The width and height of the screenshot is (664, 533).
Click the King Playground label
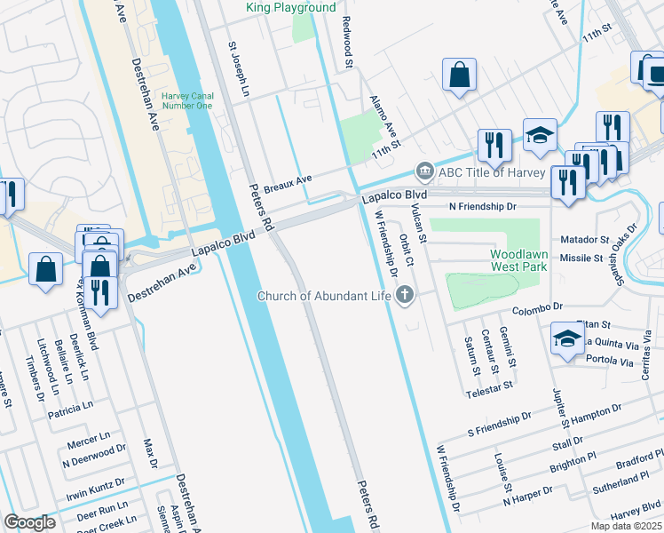(291, 8)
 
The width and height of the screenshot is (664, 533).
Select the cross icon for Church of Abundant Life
(406, 295)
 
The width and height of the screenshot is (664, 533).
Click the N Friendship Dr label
(482, 206)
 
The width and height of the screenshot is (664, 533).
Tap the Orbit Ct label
(406, 250)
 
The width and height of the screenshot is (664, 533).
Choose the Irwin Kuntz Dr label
(93, 484)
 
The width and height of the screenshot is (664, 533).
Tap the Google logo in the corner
(29, 521)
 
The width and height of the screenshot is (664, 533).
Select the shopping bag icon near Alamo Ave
(460, 76)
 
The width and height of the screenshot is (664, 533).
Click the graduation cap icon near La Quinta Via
(568, 340)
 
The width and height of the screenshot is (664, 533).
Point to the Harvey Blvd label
(636, 510)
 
